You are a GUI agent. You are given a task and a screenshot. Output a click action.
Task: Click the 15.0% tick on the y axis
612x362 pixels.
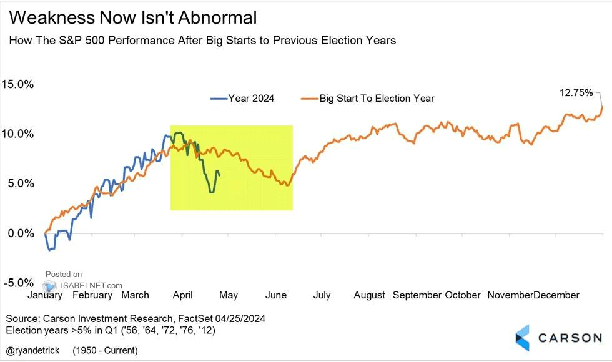[18, 84]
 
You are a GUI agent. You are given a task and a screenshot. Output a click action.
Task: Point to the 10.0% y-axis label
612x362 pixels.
[18, 134]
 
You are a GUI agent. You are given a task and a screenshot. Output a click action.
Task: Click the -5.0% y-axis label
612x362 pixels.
[19, 283]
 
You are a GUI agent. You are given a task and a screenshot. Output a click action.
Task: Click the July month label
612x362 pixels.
[322, 295]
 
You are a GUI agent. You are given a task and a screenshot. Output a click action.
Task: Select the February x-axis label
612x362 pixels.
[92, 295]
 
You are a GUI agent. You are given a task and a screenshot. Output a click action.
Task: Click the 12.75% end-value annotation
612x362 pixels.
[575, 92]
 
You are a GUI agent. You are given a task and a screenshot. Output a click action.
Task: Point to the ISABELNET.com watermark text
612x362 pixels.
[82, 285]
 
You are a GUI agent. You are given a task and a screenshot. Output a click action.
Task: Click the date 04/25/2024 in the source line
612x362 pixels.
[240, 318]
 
